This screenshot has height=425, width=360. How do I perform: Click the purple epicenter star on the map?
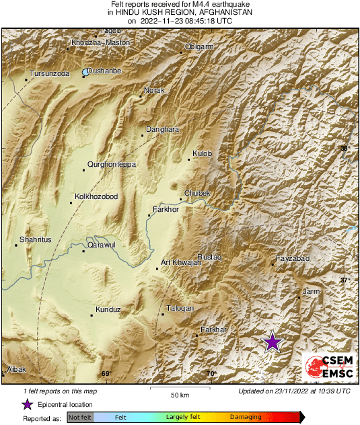pos(272,342)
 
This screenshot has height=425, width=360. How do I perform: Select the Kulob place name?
pos(202,154)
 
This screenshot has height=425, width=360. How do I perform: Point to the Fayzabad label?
pos(292,259)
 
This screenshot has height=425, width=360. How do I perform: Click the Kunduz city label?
pos(108,309)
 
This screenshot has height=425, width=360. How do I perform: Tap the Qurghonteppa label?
pos(112,164)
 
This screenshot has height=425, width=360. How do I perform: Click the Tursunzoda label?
pos(50,74)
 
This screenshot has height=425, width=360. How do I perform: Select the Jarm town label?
pos(311,291)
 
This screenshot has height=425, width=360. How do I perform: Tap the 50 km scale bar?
pos(178,389)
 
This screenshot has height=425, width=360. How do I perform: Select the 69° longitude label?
pos(106,374)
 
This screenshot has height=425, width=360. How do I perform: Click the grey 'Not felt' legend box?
pos(80,418)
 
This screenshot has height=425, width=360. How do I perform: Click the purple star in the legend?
pos(27,404)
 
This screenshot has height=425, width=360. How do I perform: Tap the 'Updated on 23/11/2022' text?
pos(294,391)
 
